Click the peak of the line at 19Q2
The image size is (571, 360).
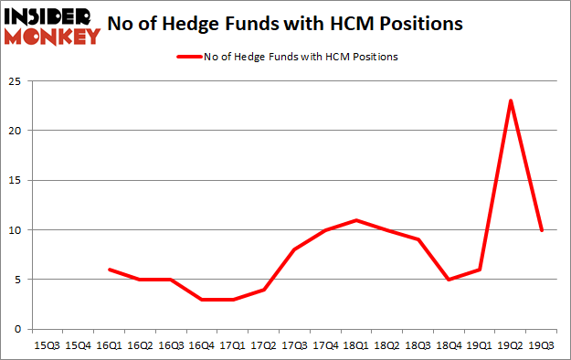[511, 101]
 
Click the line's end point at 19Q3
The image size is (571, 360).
[542, 229]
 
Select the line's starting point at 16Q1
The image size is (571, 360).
[109, 270]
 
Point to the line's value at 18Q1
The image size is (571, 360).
[356, 219]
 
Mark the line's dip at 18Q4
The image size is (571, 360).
[449, 280]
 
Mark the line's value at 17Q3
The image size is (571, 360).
[294, 249]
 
